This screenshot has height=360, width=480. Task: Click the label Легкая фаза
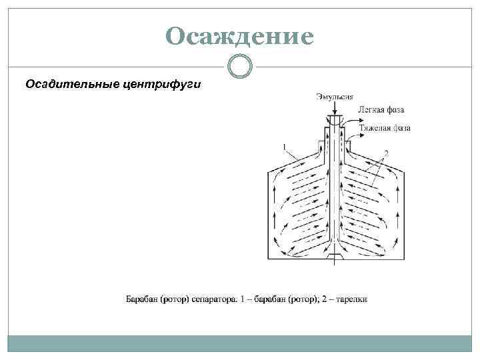[x=381, y=109]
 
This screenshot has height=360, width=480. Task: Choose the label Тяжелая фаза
[x=385, y=127]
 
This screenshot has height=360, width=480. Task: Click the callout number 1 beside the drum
[x=285, y=147]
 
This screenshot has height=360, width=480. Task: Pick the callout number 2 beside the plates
[x=386, y=153]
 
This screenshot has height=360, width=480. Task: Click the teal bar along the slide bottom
[x=240, y=343]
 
